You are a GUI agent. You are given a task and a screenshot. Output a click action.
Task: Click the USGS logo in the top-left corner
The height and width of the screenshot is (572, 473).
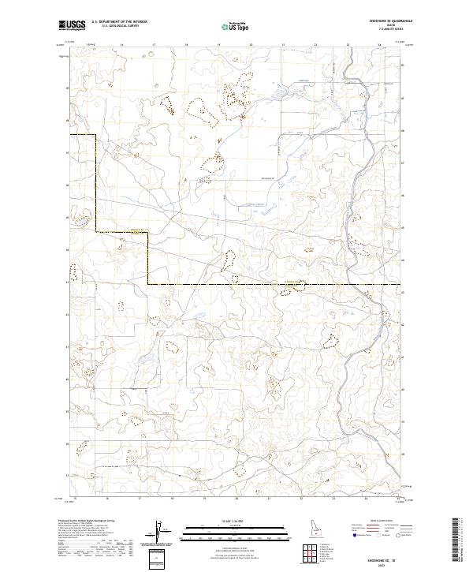[71, 25]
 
